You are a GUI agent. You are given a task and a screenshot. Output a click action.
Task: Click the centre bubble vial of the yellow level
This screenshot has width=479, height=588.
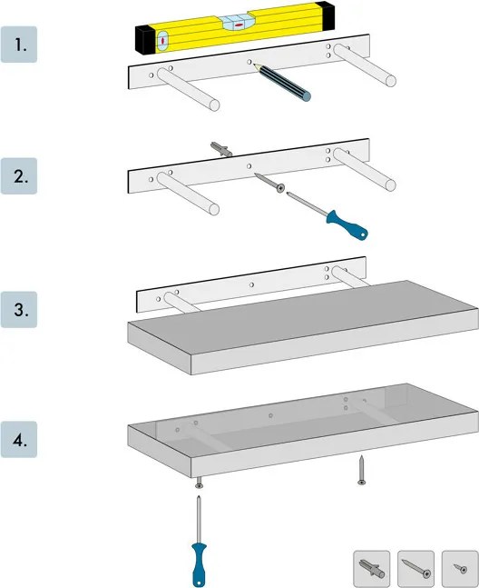point(237,23)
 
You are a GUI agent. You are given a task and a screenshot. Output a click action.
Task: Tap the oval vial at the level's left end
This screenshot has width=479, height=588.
point(162,41)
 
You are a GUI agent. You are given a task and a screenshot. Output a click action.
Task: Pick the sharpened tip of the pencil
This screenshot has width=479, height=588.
point(254,65)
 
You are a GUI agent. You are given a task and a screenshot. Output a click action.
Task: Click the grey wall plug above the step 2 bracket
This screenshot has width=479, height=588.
point(221,149)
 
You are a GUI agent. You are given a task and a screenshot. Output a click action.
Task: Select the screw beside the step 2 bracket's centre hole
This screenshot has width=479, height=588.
point(269,183)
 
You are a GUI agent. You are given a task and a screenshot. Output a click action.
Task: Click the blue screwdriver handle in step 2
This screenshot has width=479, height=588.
point(347,225)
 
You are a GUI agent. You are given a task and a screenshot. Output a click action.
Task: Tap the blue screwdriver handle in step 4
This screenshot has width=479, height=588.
point(199,564)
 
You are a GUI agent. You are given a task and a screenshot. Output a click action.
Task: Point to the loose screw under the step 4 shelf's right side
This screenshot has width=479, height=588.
point(361,470)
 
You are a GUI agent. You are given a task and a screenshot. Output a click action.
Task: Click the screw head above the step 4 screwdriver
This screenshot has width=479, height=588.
point(199,485)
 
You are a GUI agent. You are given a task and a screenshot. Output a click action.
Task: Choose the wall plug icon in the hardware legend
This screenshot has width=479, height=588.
point(372,569)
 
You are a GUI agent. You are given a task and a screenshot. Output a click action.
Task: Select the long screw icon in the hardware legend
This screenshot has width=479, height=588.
point(415,568)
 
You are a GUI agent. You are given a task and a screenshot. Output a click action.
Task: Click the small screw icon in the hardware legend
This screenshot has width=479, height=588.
point(460,569)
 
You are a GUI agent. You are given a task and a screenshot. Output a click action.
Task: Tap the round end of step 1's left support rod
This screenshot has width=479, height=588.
point(214,105)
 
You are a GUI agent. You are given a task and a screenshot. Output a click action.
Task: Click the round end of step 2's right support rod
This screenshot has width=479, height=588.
point(391,185)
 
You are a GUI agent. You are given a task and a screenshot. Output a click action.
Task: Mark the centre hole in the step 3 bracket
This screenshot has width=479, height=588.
point(251,285)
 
